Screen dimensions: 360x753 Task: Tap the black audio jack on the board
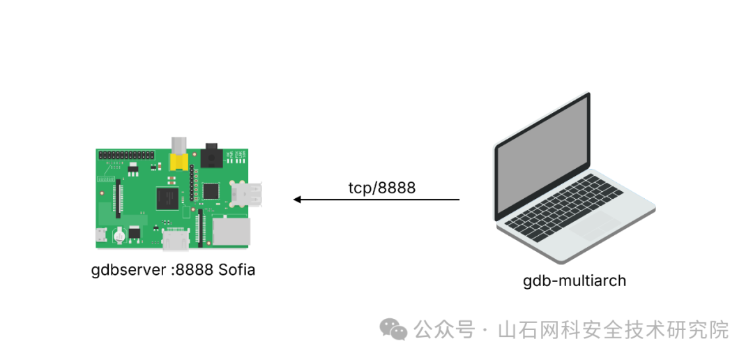(211, 157)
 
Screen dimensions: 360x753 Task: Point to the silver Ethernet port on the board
(231, 231)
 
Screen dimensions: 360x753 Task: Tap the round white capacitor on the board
(119, 234)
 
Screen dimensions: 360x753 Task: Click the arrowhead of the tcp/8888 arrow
(297, 200)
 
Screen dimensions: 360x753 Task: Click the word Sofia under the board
(236, 269)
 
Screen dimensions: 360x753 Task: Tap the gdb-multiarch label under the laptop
(575, 280)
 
